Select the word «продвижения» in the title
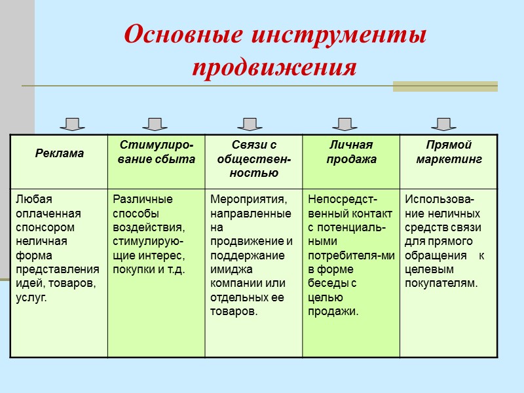274,67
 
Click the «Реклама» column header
59,153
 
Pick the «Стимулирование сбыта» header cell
156,152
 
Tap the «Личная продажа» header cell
351,152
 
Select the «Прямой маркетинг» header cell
449,152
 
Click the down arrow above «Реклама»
72,124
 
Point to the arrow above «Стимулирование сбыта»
155,124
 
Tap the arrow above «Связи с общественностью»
250,124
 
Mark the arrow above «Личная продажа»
345,124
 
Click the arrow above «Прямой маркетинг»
443,124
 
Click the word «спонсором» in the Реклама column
45,227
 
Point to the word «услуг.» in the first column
31,297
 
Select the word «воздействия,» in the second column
149,227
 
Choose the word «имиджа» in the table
228,269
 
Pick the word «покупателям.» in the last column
441,283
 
